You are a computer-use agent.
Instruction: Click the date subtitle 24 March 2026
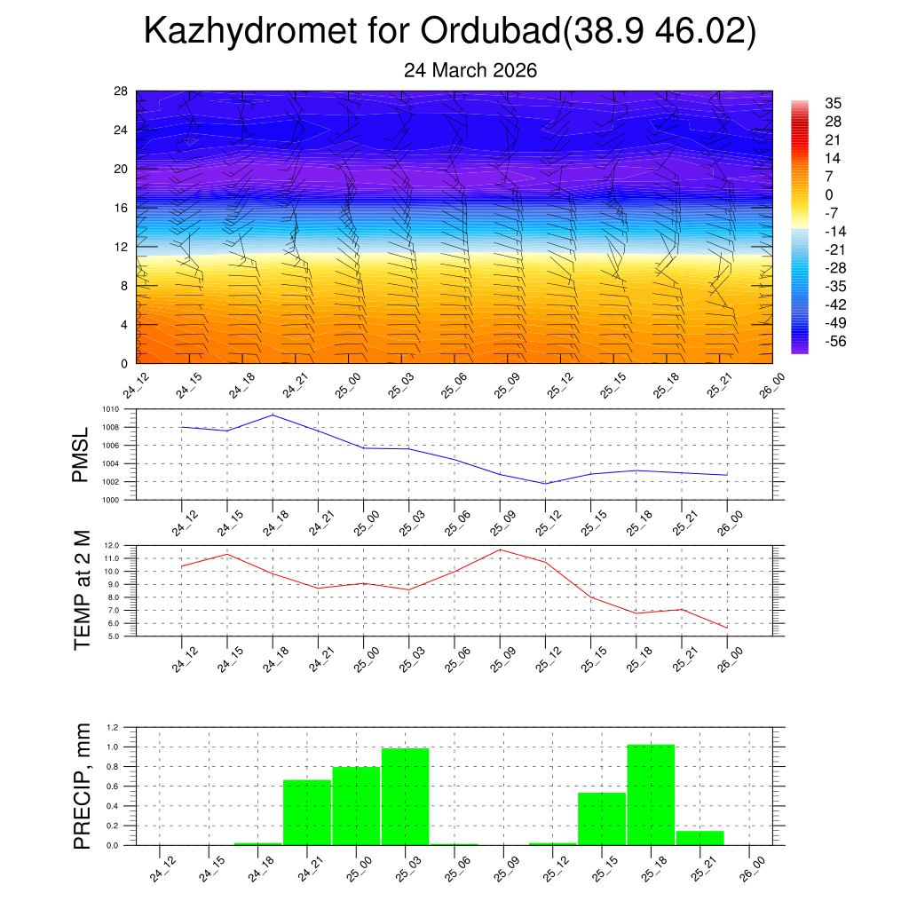(470, 70)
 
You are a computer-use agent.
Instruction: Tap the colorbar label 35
(833, 103)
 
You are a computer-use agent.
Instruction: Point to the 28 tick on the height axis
(121, 91)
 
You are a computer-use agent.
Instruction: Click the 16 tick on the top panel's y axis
(121, 208)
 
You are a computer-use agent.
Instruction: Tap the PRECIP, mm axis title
(83, 786)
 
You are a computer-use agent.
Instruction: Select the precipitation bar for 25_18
(651, 794)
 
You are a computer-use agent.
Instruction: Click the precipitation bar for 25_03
(405, 796)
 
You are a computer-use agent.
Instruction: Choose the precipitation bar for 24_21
(307, 812)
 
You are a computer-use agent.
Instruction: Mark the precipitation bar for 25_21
(700, 838)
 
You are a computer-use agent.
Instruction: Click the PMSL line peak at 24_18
(273, 415)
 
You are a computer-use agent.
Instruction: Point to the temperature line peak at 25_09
(500, 549)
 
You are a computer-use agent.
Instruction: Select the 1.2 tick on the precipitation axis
(114, 727)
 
